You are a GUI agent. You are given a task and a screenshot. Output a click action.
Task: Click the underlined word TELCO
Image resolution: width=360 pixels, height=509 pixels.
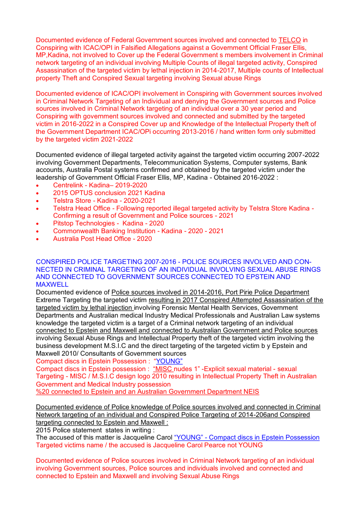point(290,40)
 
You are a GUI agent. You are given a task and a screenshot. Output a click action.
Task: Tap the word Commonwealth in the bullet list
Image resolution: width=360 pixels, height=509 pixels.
point(75,231)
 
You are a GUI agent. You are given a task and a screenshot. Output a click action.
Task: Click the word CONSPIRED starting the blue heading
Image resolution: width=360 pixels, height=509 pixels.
point(54,262)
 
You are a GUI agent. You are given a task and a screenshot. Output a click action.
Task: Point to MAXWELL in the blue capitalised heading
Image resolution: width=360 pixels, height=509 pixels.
point(52,284)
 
